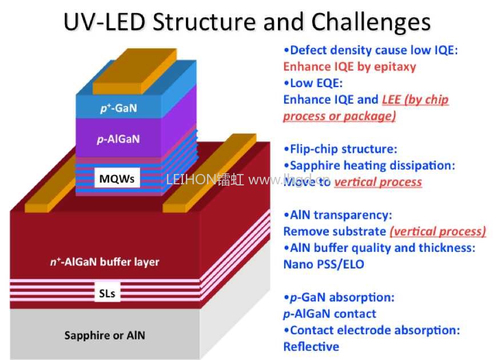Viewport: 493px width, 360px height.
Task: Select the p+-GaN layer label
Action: point(116,107)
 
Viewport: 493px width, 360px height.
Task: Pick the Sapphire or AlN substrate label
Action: point(104,335)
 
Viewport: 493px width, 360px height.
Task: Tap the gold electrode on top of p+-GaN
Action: point(134,72)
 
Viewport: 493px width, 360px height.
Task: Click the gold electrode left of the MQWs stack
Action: point(52,189)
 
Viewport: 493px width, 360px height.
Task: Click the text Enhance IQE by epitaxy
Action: point(349,67)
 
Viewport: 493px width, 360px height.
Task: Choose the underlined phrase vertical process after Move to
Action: point(378,183)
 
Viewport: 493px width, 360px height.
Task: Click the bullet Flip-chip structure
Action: point(340,149)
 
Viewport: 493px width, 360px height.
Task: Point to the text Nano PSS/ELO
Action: point(323,265)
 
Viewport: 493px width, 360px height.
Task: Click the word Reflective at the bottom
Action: point(311,347)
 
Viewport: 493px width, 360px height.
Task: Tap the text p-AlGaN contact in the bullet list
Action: point(329,314)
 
